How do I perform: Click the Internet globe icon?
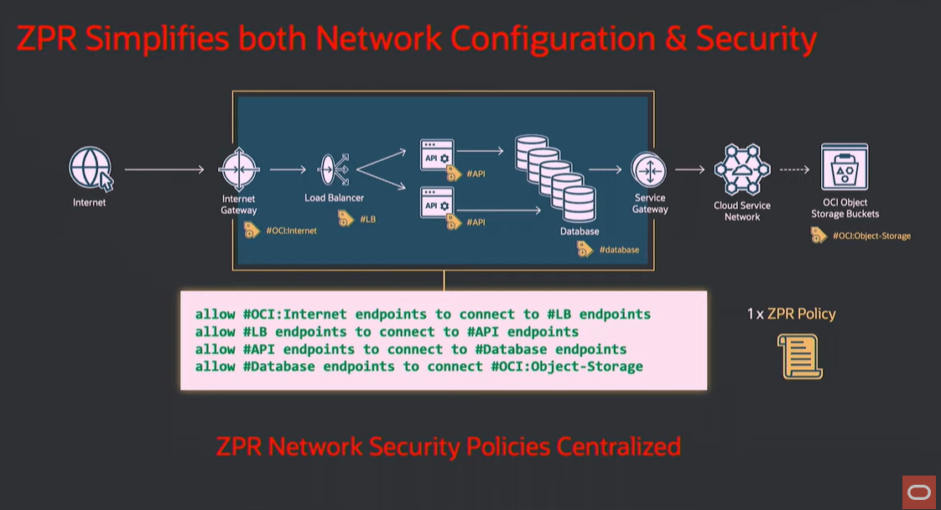coord(91,169)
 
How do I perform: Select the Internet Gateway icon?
coord(238,170)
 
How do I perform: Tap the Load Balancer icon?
coord(333,170)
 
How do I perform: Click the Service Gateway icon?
coord(649,170)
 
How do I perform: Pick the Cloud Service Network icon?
coord(742,170)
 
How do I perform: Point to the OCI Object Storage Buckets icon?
coord(845,168)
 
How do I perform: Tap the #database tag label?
coord(619,249)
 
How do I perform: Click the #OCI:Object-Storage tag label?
coord(871,236)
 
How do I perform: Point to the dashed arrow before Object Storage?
coord(793,170)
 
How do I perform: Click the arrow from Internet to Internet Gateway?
coord(164,170)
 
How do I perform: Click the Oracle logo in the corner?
coord(918,492)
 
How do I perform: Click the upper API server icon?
coord(437,156)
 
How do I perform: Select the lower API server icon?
coord(437,205)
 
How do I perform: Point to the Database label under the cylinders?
coord(580,231)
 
